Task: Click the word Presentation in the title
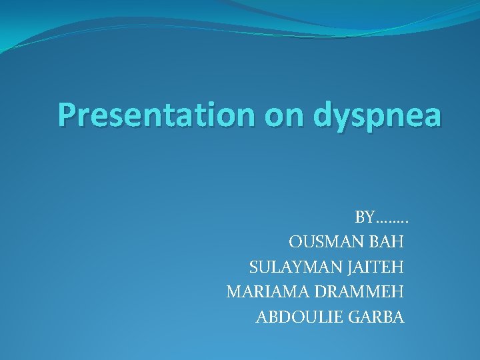tap(157, 115)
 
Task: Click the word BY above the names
tap(365, 217)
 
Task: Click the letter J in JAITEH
tap(350, 268)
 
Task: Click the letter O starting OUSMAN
tap(294, 242)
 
